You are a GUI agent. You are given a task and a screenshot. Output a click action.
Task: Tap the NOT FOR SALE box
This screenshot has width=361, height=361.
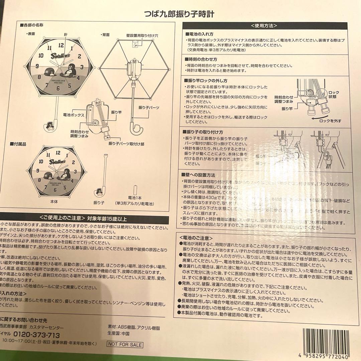pos(125,345)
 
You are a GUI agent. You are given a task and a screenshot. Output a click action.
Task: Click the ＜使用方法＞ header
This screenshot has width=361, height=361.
pos(264,25)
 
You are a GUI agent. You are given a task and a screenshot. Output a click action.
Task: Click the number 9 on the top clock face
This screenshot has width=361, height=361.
pos(37,66)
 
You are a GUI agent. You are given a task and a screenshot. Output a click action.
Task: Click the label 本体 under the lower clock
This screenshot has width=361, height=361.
pos(54,202)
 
